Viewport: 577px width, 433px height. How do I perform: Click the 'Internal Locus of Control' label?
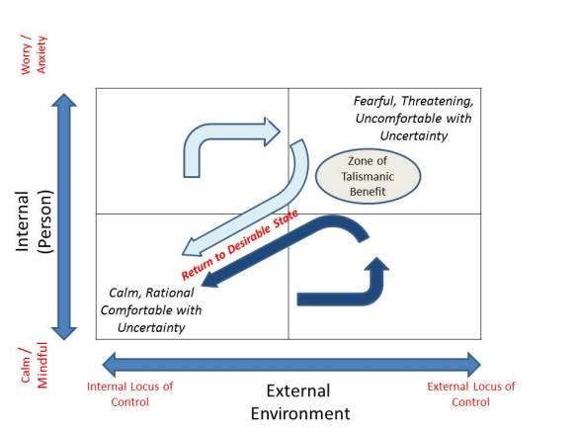coord(129,393)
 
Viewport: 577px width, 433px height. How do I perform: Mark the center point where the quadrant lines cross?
coord(288,214)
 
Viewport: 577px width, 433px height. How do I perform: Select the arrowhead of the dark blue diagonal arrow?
coord(206,285)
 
